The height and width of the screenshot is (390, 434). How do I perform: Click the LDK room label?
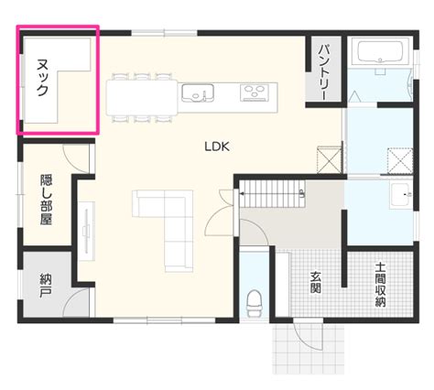click(217, 146)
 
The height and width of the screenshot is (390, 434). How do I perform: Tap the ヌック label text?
click(42, 78)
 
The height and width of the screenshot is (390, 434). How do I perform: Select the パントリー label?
click(323, 72)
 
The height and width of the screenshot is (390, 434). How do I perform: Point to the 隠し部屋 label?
click(47, 200)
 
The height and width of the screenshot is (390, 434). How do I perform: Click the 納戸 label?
click(46, 286)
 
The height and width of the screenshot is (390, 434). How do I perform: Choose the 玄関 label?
click(316, 282)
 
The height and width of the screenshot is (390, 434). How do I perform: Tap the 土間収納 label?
click(380, 285)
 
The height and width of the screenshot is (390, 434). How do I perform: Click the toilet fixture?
click(254, 303)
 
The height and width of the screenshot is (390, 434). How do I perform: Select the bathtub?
click(380, 51)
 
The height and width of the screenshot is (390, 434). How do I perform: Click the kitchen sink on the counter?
click(198, 92)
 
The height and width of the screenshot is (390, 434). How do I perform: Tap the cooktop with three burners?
click(253, 92)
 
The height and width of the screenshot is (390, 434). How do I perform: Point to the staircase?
click(272, 193)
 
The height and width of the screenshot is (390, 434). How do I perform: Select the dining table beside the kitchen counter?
click(142, 97)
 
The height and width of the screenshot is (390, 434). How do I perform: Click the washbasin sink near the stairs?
click(401, 195)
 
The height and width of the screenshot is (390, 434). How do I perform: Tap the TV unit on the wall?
click(87, 231)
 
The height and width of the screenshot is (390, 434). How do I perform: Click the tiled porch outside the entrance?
click(309, 349)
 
